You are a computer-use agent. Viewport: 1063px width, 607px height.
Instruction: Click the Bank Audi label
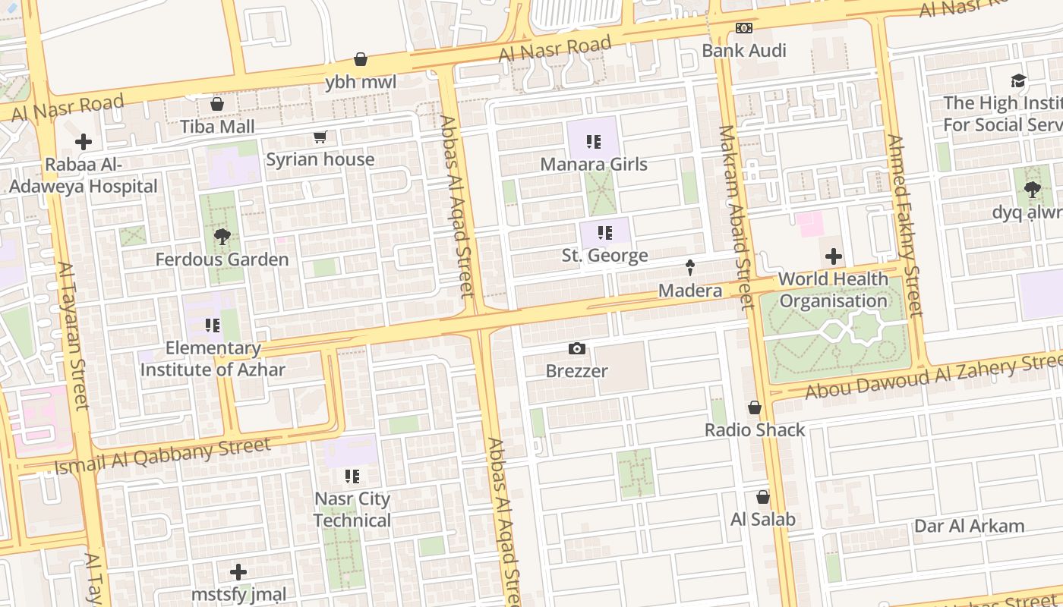pos(743,51)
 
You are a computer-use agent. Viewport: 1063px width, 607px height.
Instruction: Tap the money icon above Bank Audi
pos(744,28)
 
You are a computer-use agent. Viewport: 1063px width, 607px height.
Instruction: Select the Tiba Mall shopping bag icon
pos(217,104)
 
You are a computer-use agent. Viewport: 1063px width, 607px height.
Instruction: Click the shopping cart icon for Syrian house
pos(320,137)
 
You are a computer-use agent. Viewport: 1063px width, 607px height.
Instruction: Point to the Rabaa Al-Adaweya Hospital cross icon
pos(84,142)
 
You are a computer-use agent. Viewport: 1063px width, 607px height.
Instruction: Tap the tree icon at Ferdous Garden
pos(222,237)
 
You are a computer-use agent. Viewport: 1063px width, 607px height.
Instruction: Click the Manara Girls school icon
pos(594,142)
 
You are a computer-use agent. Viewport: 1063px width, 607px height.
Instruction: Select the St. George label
pos(604,256)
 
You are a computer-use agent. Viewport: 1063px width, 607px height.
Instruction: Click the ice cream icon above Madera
pos(690,268)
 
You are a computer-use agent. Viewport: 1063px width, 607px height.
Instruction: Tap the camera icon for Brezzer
pos(577,349)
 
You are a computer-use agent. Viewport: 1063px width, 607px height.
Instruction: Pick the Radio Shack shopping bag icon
pos(755,408)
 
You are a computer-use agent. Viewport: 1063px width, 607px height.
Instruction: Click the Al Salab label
pos(762,520)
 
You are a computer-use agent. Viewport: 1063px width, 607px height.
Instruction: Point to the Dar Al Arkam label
pos(969,526)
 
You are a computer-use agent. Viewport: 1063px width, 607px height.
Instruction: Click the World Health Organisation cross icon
pos(834,257)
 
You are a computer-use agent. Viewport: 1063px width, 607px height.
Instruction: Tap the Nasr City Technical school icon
pos(352,476)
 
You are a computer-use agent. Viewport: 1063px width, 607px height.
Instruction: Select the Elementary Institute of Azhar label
pos(213,359)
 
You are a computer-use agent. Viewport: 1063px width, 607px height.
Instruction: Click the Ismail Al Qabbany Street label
pos(162,455)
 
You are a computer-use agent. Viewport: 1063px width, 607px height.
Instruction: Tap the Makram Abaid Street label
pos(735,216)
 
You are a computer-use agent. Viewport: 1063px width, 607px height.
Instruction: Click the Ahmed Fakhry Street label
pos(904,225)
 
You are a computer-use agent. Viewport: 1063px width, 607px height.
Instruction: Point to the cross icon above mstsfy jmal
pos(238,572)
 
